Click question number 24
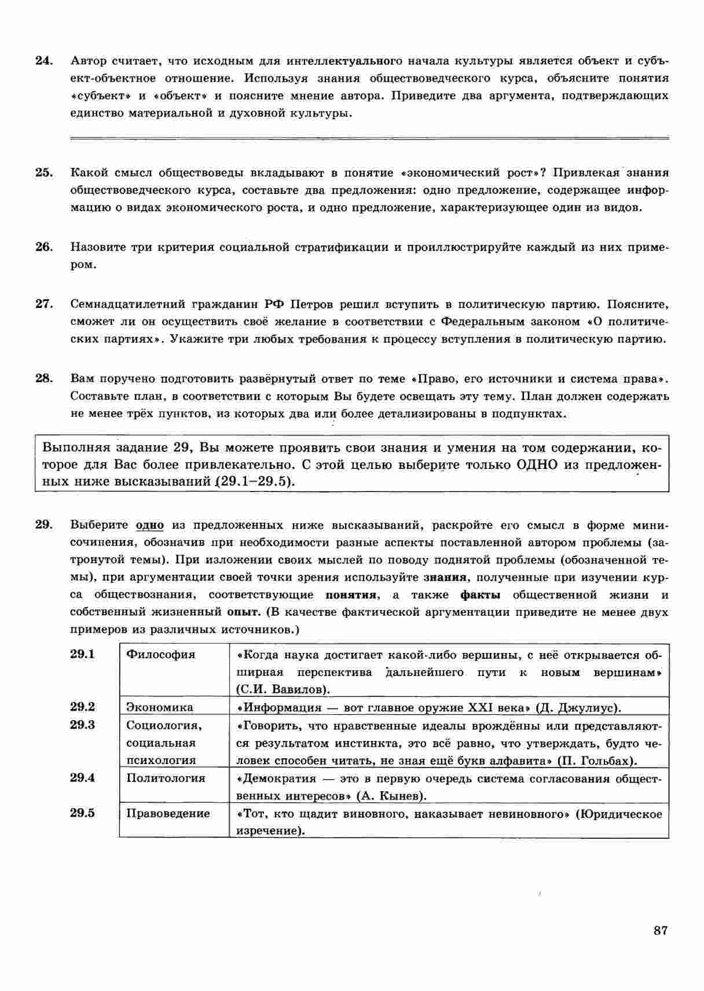click(44, 61)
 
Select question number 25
click(44, 172)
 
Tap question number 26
click(44, 247)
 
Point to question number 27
click(44, 304)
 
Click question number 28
click(44, 379)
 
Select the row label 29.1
click(82, 654)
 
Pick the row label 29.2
click(82, 707)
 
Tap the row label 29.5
click(82, 813)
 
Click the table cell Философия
click(161, 655)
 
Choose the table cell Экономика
click(160, 707)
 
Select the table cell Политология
click(166, 778)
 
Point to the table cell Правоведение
click(168, 813)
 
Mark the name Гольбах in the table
click(604, 761)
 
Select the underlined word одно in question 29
click(149, 526)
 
